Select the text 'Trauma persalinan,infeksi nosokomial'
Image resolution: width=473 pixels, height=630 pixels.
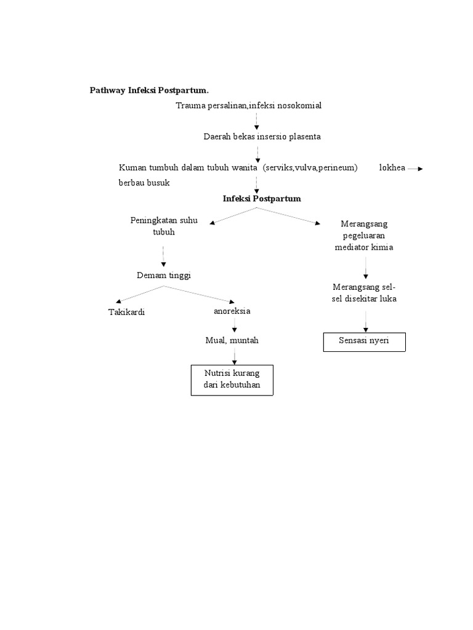(x=248, y=106)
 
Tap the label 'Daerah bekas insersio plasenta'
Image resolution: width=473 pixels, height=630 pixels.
(x=262, y=137)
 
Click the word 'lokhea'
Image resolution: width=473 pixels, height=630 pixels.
(x=392, y=168)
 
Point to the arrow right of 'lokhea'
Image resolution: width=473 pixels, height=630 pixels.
(x=416, y=169)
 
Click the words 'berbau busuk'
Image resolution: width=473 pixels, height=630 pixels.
(x=144, y=183)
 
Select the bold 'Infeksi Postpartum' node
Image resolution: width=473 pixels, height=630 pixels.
(x=262, y=199)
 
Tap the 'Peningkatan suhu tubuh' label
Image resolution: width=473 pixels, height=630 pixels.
(x=164, y=226)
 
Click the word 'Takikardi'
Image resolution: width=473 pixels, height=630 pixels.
(x=126, y=312)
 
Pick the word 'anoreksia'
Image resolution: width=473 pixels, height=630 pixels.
(x=232, y=311)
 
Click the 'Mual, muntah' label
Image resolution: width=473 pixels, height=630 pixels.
(x=232, y=340)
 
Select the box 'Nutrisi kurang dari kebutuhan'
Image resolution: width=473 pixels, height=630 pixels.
(x=232, y=380)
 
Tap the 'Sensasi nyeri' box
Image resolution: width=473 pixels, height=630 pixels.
(x=364, y=341)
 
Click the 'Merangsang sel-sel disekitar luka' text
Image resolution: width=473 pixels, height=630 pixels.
(x=365, y=293)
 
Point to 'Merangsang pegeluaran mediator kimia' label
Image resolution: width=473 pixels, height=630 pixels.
(x=364, y=236)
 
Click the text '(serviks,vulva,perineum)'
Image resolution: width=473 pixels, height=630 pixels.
(x=310, y=168)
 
